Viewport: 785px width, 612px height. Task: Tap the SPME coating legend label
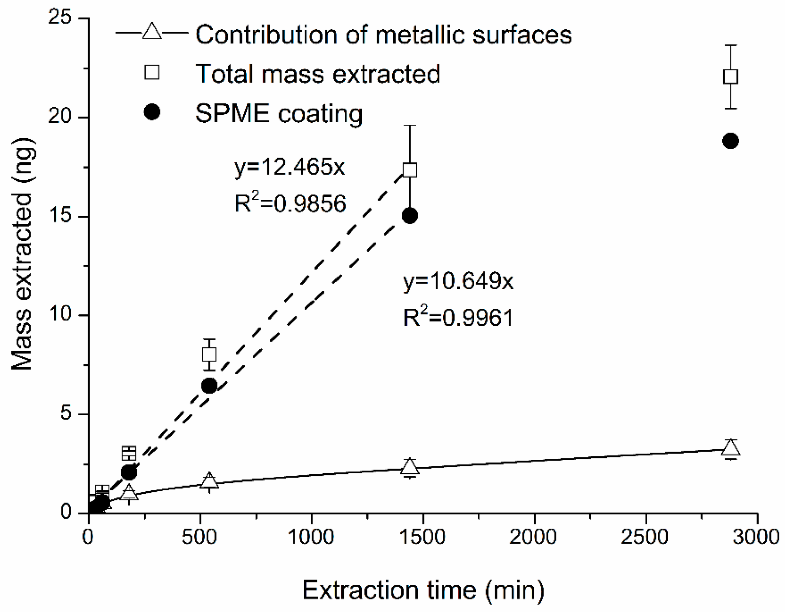pyautogui.click(x=279, y=113)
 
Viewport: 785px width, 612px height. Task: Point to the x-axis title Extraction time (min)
pyautogui.click(x=424, y=591)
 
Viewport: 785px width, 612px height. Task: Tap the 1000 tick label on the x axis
pyautogui.click(x=312, y=537)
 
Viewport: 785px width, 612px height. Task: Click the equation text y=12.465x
pyautogui.click(x=290, y=168)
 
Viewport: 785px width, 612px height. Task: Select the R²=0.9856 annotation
pyautogui.click(x=290, y=203)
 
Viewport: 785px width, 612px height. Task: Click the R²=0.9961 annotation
pyautogui.click(x=459, y=317)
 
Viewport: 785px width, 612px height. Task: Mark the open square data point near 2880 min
pyautogui.click(x=731, y=77)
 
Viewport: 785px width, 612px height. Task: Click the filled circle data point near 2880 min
pyautogui.click(x=731, y=141)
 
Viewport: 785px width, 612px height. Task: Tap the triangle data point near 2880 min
pyautogui.click(x=731, y=448)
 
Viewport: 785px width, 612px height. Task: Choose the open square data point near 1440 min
pyautogui.click(x=410, y=170)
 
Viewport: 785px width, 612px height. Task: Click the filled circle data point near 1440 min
pyautogui.click(x=410, y=215)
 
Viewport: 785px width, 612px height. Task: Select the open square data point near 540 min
pyautogui.click(x=209, y=354)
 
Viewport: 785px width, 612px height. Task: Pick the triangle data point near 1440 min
pyautogui.click(x=410, y=466)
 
